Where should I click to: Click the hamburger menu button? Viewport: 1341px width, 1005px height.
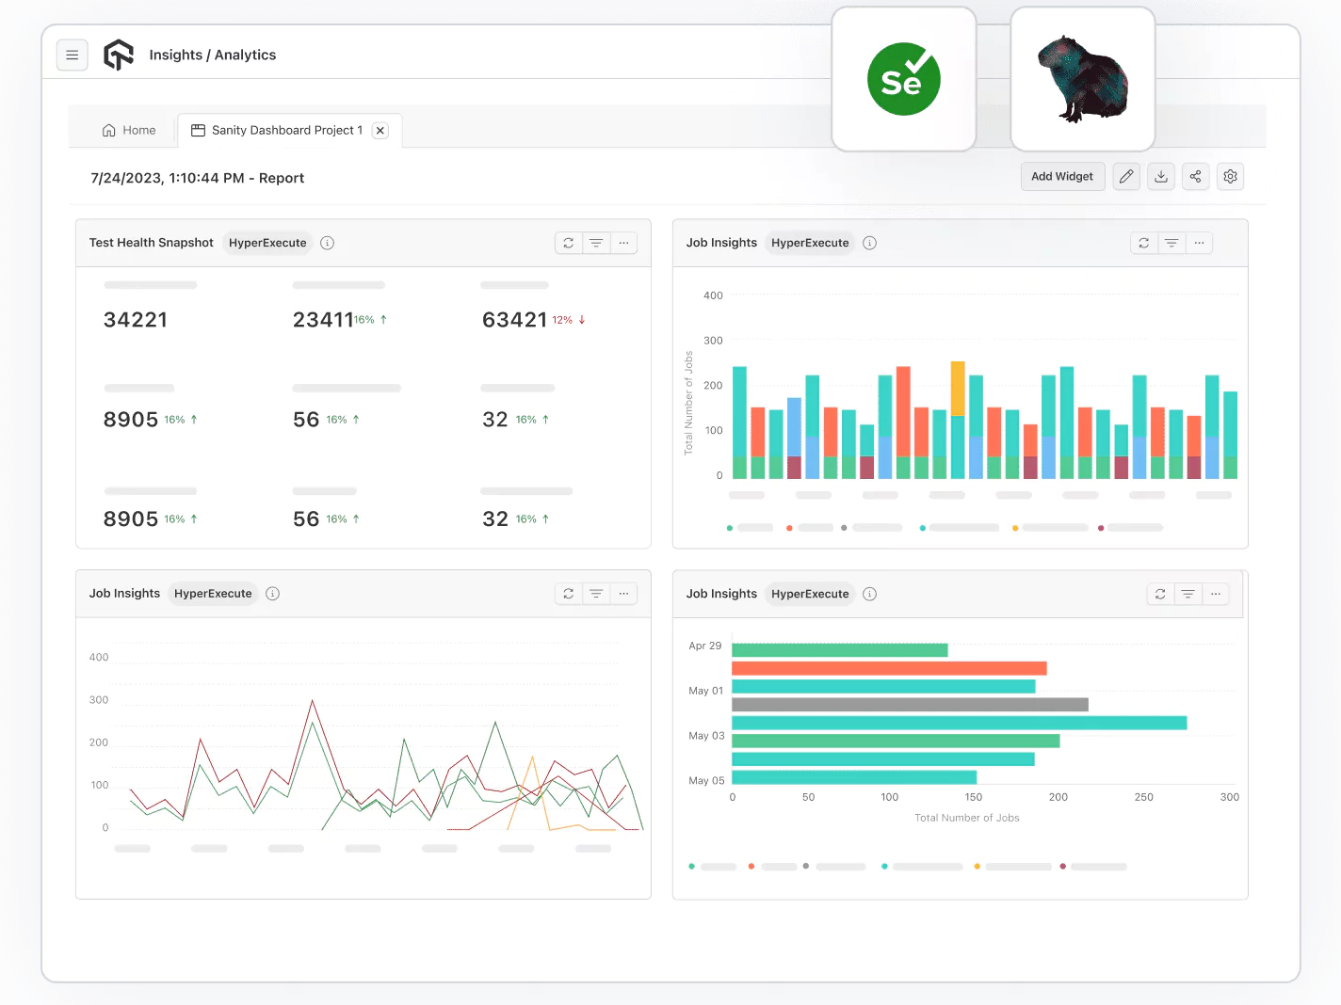[x=73, y=56]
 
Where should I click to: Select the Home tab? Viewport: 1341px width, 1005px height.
[x=129, y=131]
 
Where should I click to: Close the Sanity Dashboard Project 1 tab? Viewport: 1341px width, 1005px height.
[x=380, y=131]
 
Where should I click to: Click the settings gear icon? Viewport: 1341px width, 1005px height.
[x=1230, y=177]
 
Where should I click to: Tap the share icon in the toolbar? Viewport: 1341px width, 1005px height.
[x=1195, y=177]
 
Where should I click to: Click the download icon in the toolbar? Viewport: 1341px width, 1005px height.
[x=1161, y=177]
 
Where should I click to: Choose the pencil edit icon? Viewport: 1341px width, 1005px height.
[x=1126, y=177]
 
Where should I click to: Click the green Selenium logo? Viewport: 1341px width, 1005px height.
[x=903, y=80]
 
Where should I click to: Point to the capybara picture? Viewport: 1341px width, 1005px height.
[x=1083, y=80]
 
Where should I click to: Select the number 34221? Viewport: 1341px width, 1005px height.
[x=136, y=320]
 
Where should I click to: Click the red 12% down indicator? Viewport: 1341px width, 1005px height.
[x=569, y=320]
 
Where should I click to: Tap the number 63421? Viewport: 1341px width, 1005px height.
[x=514, y=320]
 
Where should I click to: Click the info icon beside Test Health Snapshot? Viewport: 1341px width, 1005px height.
[x=328, y=243]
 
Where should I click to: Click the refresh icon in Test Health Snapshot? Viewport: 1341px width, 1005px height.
[x=569, y=243]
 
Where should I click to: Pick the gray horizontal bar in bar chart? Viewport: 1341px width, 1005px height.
[x=910, y=705]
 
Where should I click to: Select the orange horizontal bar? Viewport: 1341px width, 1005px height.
[x=889, y=668]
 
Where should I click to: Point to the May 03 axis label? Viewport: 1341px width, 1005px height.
[x=706, y=736]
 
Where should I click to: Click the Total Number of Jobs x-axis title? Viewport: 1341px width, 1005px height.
[x=966, y=818]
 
